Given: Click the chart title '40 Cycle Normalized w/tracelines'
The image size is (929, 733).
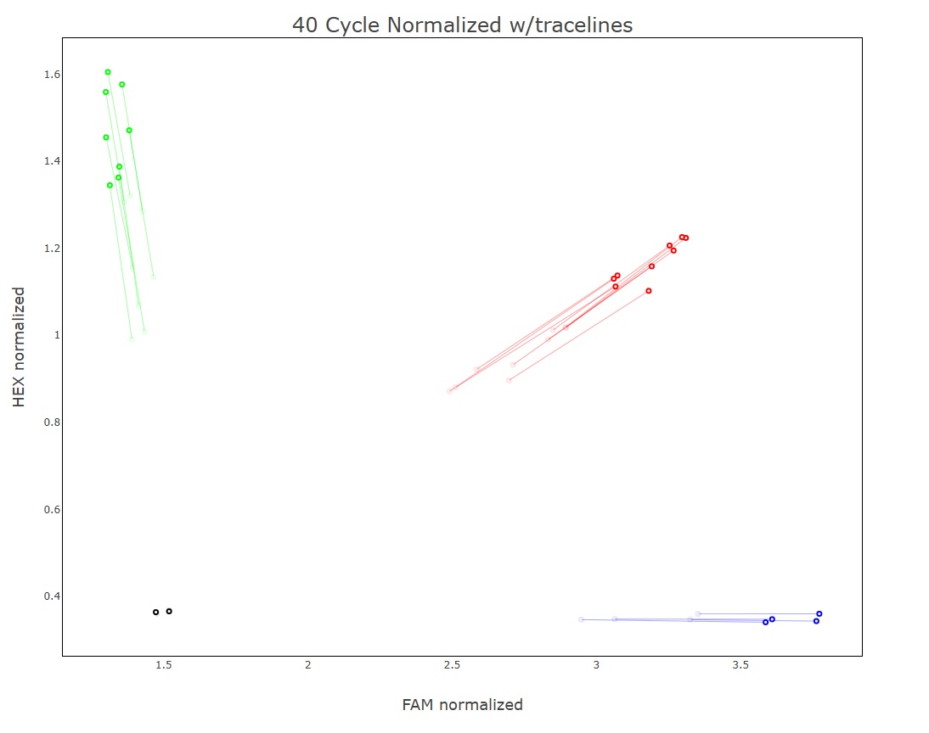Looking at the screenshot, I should (462, 25).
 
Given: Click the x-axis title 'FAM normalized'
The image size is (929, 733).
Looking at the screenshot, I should (462, 705).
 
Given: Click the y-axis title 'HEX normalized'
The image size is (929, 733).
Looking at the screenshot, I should (20, 347).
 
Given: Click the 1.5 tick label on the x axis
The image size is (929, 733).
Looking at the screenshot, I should (164, 665).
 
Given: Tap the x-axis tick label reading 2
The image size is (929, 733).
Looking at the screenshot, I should (308, 665).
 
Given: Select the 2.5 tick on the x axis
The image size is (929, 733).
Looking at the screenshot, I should (453, 665).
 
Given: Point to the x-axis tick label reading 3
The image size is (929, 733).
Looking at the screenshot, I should (597, 665).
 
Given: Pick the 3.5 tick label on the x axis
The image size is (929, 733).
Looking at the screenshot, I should (741, 665).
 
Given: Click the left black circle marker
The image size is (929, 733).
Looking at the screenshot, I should (155, 612).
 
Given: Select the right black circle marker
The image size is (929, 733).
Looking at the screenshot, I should (169, 611).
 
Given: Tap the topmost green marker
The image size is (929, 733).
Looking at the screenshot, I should (108, 72).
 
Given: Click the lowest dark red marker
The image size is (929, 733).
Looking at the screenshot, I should (649, 291).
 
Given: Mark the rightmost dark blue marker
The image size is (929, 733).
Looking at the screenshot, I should (819, 613).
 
